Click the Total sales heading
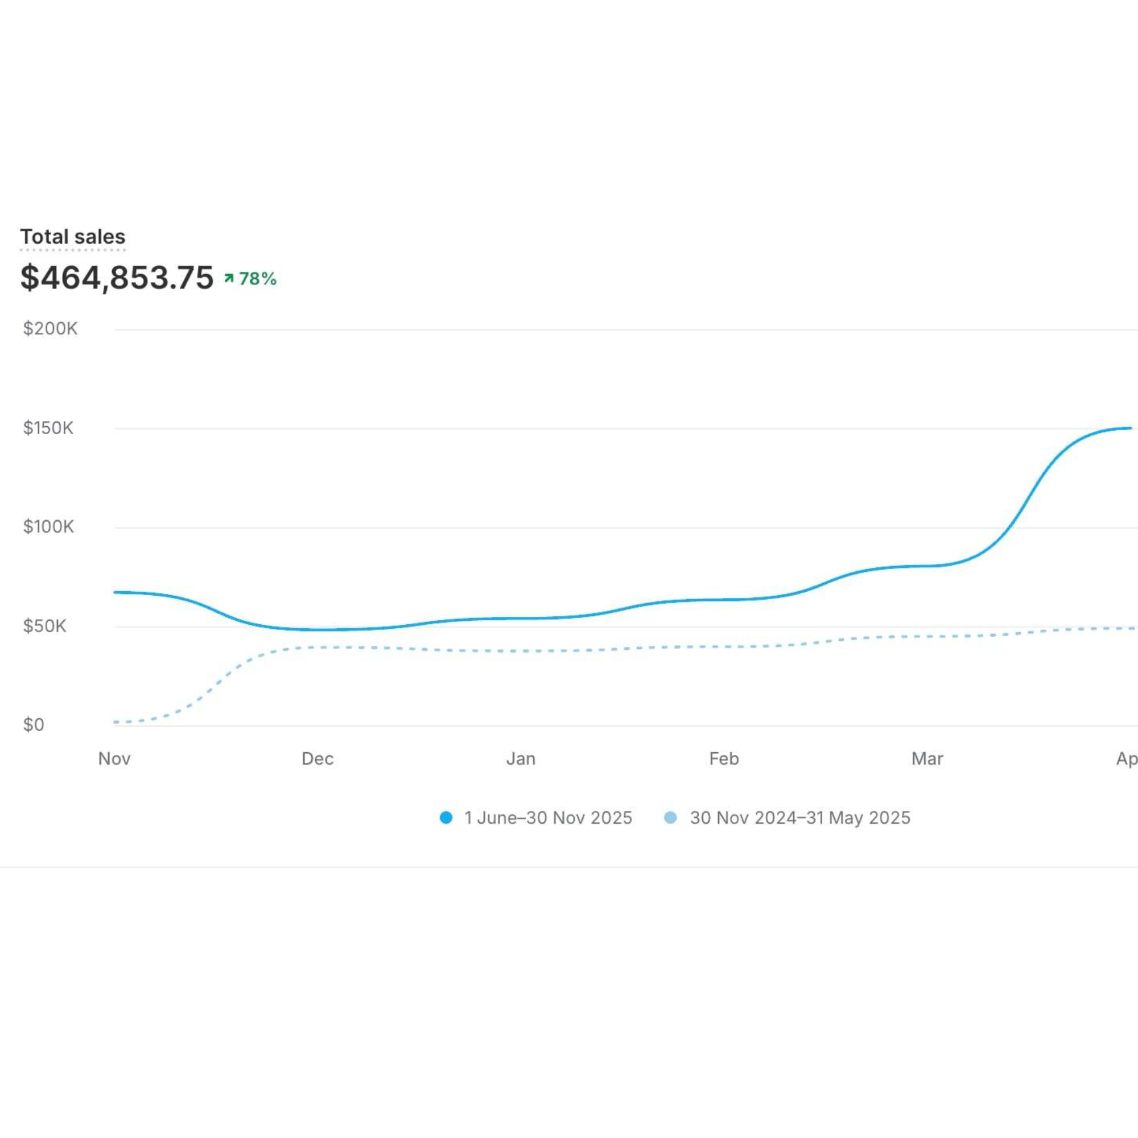pos(72,237)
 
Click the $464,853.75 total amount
pos(117,278)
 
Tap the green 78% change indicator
pos(257,279)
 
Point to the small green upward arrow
pos(229,278)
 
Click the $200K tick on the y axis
pos(50,329)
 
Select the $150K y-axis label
pos(48,428)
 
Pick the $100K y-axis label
pos(48,526)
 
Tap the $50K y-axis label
pos(45,625)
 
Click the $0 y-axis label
pos(34,724)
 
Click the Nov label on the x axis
pos(114,758)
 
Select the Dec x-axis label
pos(318,758)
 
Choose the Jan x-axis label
pos(521,758)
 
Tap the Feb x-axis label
pos(724,758)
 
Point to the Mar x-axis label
pos(927,758)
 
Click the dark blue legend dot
pos(446,818)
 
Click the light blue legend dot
pos(670,818)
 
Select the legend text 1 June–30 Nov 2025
pos(548,818)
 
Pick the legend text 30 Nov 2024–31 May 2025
pos(800,818)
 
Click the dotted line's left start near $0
pos(116,722)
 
